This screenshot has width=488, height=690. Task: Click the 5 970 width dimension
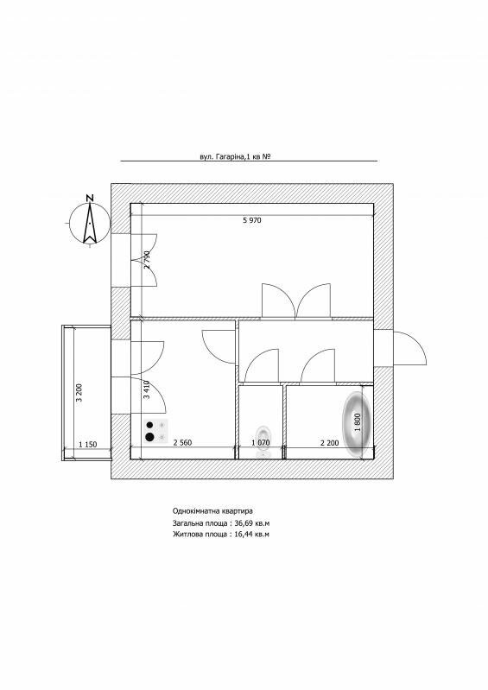click(251, 220)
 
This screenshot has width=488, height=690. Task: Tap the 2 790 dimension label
click(147, 259)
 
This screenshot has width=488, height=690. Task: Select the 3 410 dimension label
click(147, 389)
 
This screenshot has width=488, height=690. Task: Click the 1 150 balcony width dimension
click(87, 445)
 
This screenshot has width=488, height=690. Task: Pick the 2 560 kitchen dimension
click(182, 443)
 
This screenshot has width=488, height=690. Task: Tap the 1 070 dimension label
click(260, 443)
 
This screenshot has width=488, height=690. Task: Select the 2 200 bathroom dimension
click(329, 443)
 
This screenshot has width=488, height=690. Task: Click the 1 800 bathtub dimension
click(358, 422)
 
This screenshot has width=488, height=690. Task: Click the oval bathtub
click(357, 424)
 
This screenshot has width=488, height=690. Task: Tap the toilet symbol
click(263, 440)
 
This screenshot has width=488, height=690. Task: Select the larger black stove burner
click(149, 437)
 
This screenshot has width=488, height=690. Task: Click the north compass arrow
click(90, 223)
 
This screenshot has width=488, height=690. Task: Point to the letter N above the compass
click(90, 198)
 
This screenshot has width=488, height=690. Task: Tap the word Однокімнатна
click(194, 511)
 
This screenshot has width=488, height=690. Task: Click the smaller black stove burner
click(149, 425)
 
